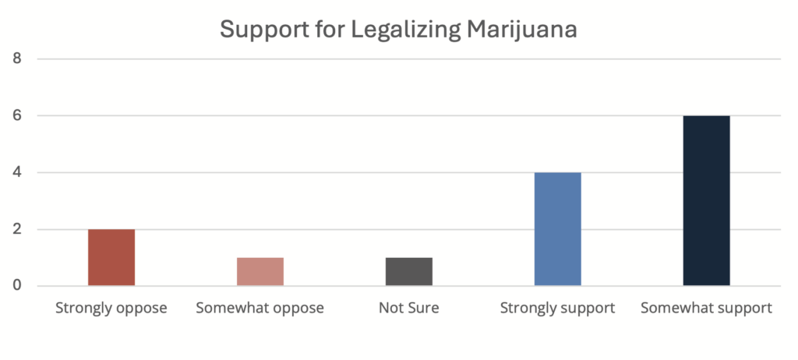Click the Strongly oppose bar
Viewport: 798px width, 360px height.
click(111, 257)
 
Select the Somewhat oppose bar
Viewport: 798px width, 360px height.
click(260, 271)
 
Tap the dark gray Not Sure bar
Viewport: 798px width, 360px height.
click(408, 271)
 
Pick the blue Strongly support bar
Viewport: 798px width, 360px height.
click(557, 229)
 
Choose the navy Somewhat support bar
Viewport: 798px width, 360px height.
click(706, 201)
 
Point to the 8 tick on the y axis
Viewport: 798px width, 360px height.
click(17, 58)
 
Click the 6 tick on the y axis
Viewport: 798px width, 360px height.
click(17, 115)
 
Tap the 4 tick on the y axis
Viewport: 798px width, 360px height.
click(17, 172)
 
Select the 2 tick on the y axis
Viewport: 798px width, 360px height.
click(17, 229)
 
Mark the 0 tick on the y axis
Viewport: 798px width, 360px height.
click(17, 286)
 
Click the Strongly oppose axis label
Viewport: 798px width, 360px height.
click(111, 308)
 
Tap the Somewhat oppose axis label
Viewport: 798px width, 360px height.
click(260, 308)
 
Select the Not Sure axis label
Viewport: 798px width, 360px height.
click(408, 308)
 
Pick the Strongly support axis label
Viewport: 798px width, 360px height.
click(557, 308)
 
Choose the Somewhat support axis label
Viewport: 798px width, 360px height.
click(706, 308)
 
